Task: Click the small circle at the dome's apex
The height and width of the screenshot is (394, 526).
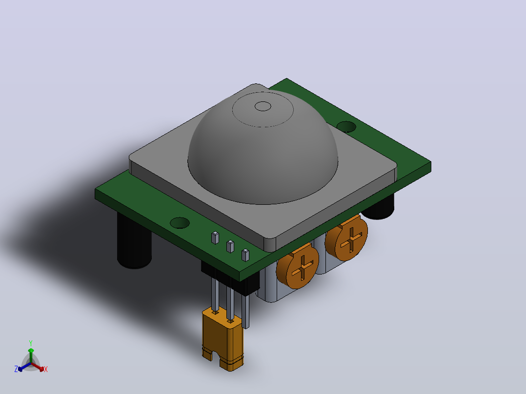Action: click(263, 106)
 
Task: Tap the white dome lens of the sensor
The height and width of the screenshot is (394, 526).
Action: click(263, 148)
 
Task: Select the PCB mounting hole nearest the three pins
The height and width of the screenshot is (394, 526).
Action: click(180, 223)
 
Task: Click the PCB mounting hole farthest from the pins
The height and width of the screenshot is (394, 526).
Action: click(346, 127)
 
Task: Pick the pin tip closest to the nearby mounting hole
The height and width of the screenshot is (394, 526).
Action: click(215, 237)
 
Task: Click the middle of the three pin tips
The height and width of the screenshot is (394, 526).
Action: click(230, 246)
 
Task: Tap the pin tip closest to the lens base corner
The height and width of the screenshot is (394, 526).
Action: click(245, 255)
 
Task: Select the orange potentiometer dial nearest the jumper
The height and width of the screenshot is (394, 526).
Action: click(298, 266)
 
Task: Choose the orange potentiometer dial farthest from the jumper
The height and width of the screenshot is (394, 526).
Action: click(346, 238)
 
